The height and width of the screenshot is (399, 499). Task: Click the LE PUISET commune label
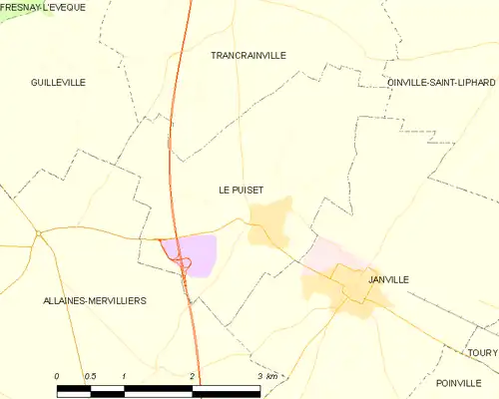[x=242, y=189]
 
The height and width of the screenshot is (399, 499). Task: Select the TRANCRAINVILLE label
[x=249, y=56]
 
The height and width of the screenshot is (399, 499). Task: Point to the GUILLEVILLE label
[x=58, y=82]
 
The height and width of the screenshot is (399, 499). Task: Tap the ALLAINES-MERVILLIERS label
[x=95, y=300]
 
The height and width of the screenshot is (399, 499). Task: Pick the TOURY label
[x=483, y=352]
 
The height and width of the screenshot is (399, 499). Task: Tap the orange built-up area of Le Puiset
[x=270, y=220]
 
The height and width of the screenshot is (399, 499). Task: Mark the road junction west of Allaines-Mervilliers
[x=38, y=234]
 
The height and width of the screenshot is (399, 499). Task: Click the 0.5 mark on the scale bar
[x=91, y=376]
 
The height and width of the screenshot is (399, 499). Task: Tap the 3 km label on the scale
[x=266, y=376]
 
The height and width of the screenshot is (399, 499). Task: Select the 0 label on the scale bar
[x=57, y=376]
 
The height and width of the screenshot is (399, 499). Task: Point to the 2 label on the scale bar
[x=192, y=376]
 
